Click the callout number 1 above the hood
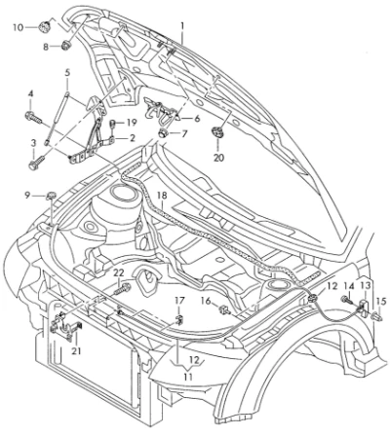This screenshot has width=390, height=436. [182, 25]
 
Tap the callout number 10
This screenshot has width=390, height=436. [19, 27]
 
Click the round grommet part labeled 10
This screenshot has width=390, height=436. [44, 26]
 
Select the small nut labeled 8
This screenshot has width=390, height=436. [66, 46]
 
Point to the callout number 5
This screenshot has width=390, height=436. [67, 73]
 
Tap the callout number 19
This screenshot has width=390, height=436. [131, 123]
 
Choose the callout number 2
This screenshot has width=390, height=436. [132, 138]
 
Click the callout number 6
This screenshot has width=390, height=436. [197, 119]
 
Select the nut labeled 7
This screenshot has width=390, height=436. [163, 133]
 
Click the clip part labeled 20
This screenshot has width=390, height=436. [217, 133]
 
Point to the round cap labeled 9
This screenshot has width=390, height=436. [52, 196]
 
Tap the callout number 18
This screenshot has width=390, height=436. [162, 196]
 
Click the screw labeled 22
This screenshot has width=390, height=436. [123, 288]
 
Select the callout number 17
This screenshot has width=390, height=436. [179, 301]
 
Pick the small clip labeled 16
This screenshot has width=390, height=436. [224, 309]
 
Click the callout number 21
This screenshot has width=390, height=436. [76, 350]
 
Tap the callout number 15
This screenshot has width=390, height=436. [381, 302]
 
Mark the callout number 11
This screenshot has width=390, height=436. [188, 377]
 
